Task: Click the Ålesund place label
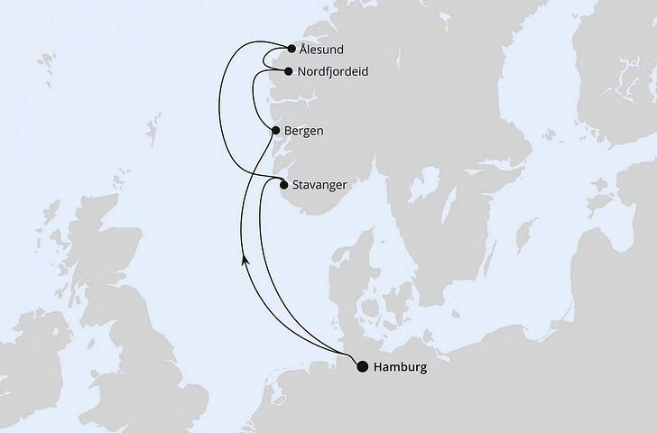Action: click(x=323, y=51)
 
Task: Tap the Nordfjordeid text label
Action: click(x=335, y=71)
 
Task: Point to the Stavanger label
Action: click(x=320, y=185)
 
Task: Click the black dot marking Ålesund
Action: click(x=291, y=51)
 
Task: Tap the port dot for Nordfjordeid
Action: click(x=288, y=71)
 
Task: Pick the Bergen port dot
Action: click(x=275, y=131)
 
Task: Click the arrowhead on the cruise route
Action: click(x=244, y=259)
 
